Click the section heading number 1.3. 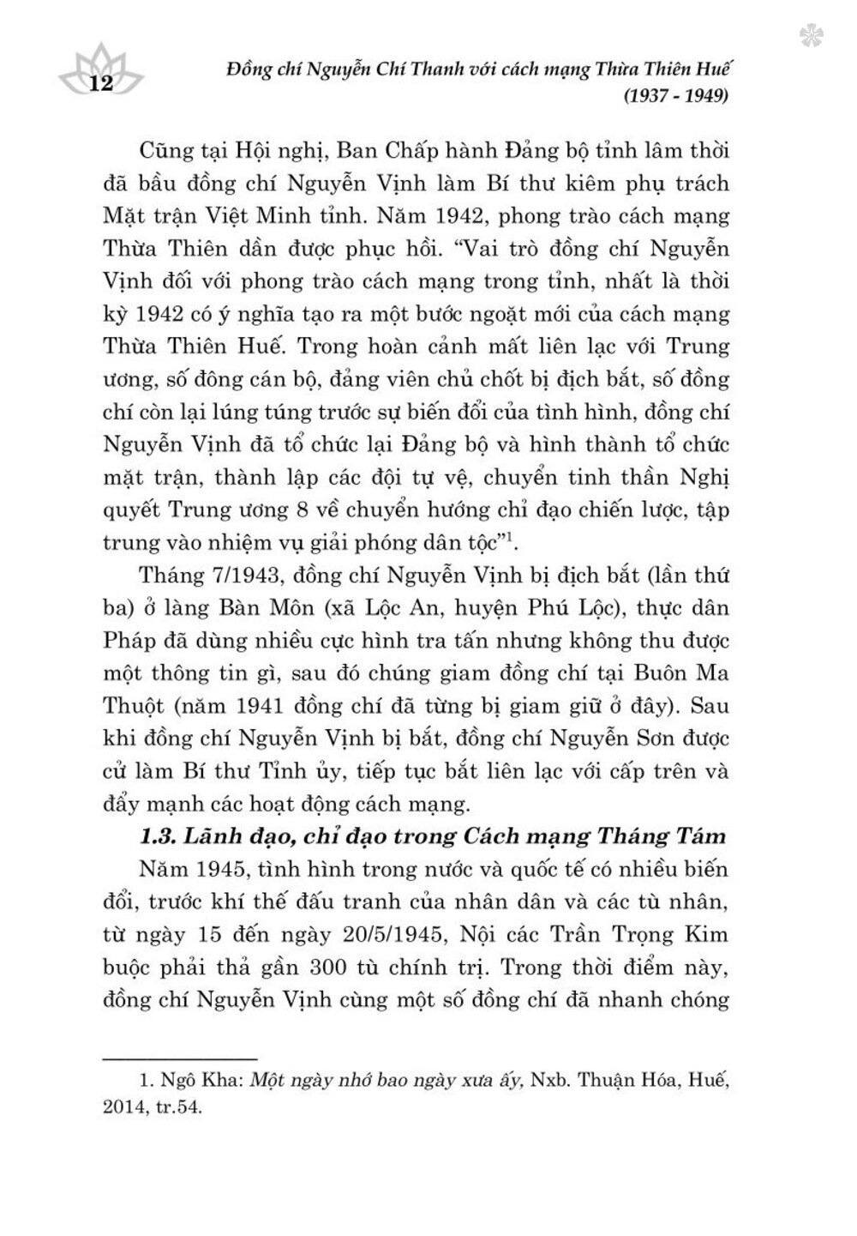point(160,836)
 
